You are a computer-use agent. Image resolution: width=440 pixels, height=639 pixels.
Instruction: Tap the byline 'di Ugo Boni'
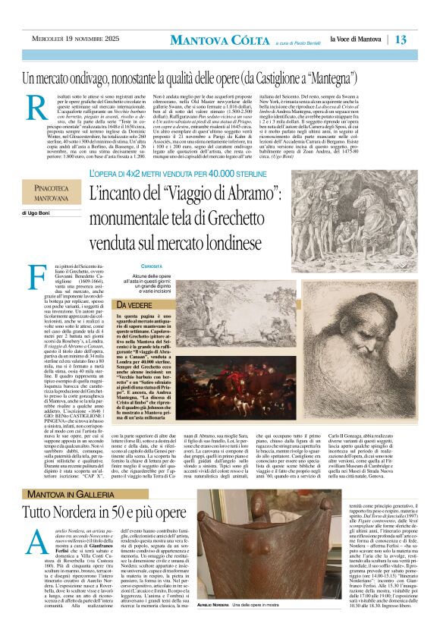39,215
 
